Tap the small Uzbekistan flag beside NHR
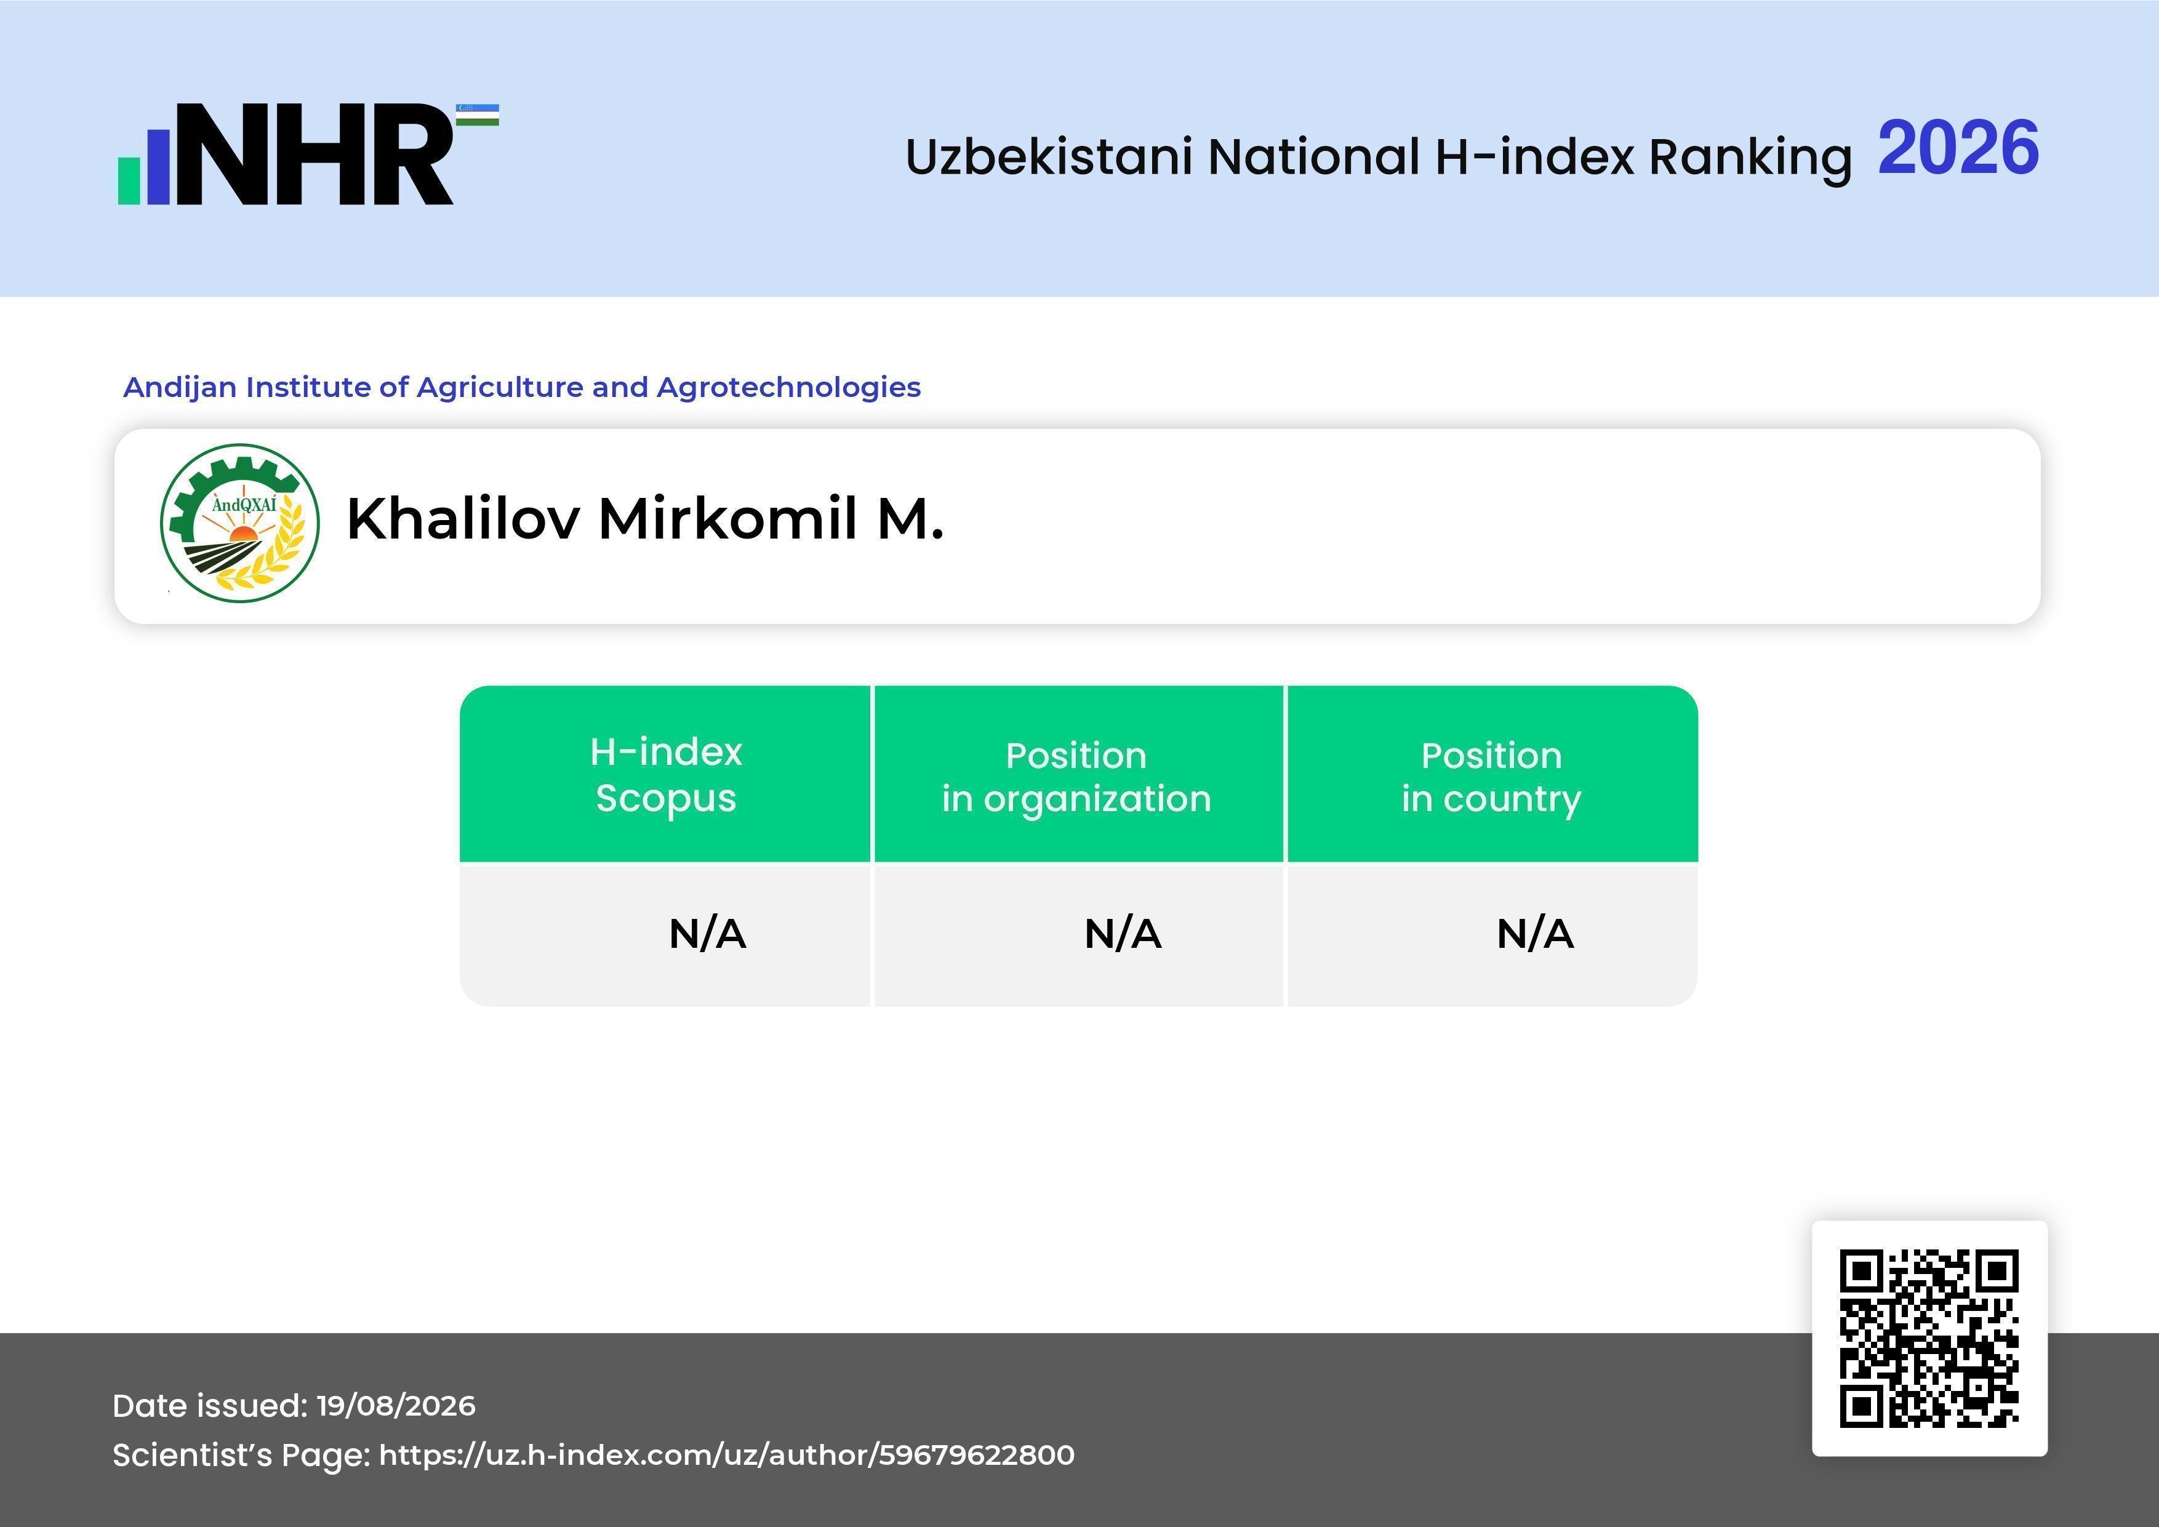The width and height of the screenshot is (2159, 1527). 478,114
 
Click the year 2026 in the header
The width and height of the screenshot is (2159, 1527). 1959,148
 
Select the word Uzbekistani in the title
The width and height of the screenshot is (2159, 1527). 1049,156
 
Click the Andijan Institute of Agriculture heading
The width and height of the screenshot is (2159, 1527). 522,387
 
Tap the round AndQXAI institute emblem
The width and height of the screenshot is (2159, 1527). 240,524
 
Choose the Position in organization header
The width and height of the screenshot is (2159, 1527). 1076,777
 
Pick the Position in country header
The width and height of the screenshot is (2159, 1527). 1491,777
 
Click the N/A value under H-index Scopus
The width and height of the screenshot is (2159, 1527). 707,934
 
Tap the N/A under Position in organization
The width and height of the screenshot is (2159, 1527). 1123,934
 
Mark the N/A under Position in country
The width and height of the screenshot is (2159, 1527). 1534,934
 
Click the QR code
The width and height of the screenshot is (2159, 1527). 1929,1338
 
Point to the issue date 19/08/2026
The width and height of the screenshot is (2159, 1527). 396,1406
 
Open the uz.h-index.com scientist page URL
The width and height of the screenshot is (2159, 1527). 726,1454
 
